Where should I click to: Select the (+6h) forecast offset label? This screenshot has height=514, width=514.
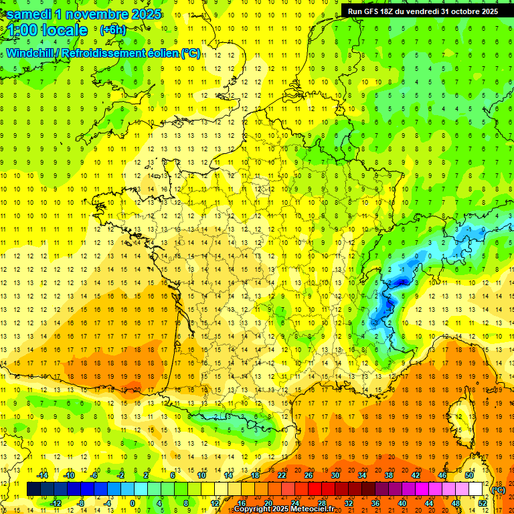(112, 30)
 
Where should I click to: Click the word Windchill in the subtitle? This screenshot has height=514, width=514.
(30, 53)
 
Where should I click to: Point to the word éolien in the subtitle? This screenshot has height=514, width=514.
(163, 53)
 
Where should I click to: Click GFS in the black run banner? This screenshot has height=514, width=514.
(371, 11)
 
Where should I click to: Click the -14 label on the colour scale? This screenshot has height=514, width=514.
(42, 475)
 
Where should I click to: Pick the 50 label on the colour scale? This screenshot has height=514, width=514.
(468, 475)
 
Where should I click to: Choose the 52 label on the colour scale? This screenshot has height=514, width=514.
(482, 503)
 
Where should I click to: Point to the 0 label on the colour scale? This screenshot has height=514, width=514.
(133, 503)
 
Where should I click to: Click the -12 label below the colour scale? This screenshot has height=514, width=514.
(56, 503)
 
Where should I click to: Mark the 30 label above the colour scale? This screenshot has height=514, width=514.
(335, 475)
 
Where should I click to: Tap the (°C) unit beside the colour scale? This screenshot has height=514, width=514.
(499, 490)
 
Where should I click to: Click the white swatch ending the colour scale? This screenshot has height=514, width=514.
(476, 489)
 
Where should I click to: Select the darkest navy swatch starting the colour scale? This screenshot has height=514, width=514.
(33, 489)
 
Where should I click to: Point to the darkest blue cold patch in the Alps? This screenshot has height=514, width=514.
(401, 282)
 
